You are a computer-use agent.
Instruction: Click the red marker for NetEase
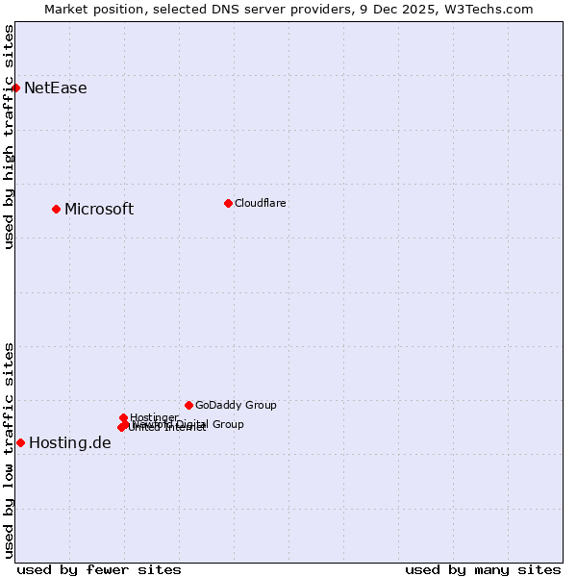pyautogui.click(x=15, y=88)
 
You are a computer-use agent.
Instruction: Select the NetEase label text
pyautogui.click(x=55, y=88)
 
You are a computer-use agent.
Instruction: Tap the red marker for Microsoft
pyautogui.click(x=56, y=209)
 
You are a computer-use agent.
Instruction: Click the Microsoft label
pyautogui.click(x=99, y=210)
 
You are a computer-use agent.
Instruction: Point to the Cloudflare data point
pyautogui.click(x=228, y=203)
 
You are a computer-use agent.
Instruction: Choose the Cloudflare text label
pyautogui.click(x=260, y=203)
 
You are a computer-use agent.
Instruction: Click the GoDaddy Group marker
pyautogui.click(x=188, y=405)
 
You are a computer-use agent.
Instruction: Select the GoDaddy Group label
pyautogui.click(x=236, y=405)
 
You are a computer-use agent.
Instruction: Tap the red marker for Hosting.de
pyautogui.click(x=20, y=442)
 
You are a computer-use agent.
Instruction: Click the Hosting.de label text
pyautogui.click(x=69, y=443)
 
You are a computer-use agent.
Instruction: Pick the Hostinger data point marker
pyautogui.click(x=123, y=417)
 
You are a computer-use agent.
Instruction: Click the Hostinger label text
pyautogui.click(x=154, y=417)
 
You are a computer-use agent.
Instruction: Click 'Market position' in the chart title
pyautogui.click(x=92, y=9)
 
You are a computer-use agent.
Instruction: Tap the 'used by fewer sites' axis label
pyautogui.click(x=99, y=569)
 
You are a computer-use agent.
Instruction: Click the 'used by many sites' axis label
pyautogui.click(x=483, y=569)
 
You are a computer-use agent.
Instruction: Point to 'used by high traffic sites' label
pyautogui.click(x=9, y=136)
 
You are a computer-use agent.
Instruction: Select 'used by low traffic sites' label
pyautogui.click(x=9, y=450)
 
